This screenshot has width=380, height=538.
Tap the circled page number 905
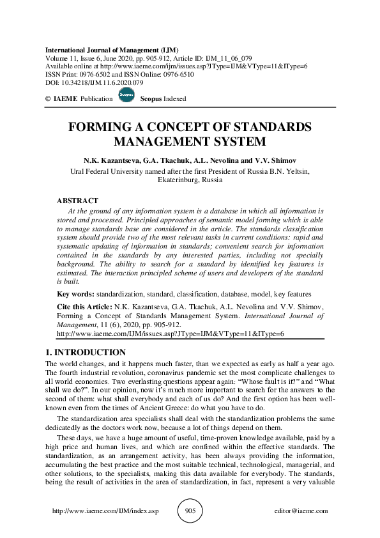pyautogui.click(x=190, y=511)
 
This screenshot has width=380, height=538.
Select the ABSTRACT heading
pyautogui.click(x=78, y=201)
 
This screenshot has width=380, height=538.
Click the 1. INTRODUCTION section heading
pyautogui.click(x=86, y=352)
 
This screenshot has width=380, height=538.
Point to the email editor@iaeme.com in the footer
pyautogui.click(x=300, y=511)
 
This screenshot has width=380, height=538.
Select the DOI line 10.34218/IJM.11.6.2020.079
pyautogui.click(x=94, y=82)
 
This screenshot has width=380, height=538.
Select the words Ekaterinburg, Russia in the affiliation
pyautogui.click(x=190, y=180)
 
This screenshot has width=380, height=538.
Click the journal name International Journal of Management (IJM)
pyautogui.click(x=112, y=49)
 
